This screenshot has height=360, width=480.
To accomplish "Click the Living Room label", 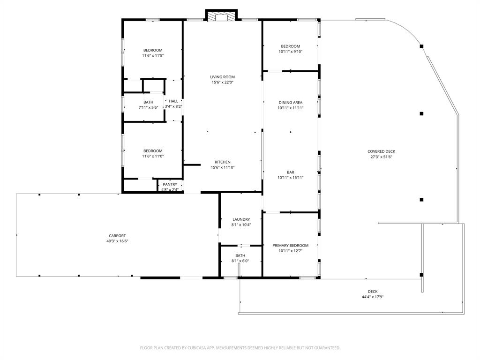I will (222, 77).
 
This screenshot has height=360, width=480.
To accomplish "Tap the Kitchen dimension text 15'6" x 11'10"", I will (222, 167).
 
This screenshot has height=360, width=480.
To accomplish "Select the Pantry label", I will (170, 184).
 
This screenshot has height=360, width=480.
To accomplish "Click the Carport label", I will (117, 236).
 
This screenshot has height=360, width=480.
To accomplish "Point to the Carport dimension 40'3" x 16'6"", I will (117, 241).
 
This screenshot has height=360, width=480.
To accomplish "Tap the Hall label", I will (173, 101).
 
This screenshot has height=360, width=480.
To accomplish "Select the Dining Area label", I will (290, 102).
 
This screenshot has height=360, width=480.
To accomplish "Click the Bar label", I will (290, 172).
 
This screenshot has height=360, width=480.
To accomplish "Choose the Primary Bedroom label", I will (290, 246).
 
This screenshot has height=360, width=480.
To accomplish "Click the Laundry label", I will (241, 219).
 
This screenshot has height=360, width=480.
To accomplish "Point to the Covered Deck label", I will (381, 151).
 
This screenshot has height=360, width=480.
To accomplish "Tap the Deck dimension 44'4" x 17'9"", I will (373, 297).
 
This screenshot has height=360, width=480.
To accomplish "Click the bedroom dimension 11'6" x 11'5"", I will (153, 55).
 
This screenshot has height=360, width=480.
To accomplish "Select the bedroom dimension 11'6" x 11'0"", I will (153, 156).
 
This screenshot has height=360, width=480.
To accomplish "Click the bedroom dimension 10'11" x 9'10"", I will (290, 52).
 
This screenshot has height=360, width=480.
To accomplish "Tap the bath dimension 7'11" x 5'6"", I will (148, 107).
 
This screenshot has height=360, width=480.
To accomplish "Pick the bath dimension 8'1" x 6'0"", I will (240, 261).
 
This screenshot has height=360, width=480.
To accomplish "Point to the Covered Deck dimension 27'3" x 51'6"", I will (381, 157).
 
